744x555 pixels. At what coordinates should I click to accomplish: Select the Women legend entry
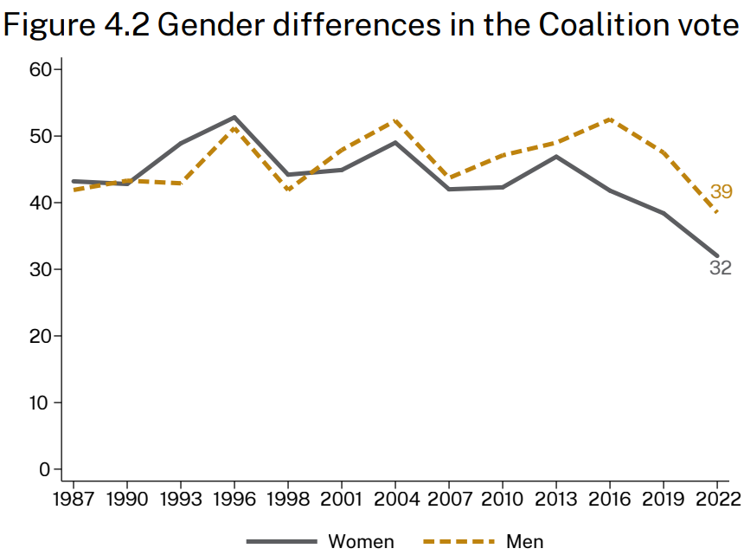click(361, 542)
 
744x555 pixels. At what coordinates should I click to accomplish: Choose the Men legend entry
click(525, 542)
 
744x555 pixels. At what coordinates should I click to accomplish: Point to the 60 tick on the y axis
click(41, 69)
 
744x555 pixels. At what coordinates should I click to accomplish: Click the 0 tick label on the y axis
click(46, 469)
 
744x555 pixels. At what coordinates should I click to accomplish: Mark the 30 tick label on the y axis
click(41, 269)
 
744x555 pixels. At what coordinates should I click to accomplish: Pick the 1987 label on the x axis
click(74, 500)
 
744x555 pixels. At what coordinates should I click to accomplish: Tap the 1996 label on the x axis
click(234, 500)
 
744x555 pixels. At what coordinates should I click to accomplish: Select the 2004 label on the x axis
click(395, 500)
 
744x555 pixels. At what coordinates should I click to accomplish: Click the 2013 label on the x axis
click(556, 500)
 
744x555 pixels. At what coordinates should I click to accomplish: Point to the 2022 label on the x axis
click(717, 500)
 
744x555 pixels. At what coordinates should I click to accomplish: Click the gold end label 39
click(722, 192)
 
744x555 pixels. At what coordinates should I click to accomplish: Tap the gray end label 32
click(721, 268)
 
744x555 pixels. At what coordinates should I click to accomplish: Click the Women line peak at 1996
click(234, 117)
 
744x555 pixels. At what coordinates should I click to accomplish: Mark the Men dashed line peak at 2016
click(610, 119)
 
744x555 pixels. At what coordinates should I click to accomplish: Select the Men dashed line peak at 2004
click(395, 119)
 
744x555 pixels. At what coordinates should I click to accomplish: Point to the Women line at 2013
click(556, 157)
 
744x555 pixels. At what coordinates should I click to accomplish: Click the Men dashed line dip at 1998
click(288, 190)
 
